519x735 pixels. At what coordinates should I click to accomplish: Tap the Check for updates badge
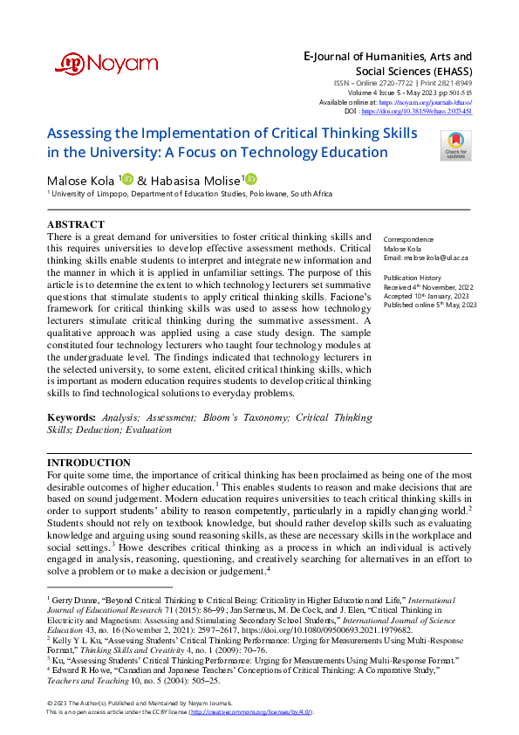point(455,144)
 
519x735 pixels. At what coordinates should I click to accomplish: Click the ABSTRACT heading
point(76,224)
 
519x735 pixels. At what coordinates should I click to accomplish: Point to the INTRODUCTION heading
point(89,462)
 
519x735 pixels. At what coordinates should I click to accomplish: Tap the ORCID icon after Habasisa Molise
point(252,179)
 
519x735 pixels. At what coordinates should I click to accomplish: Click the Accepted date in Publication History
point(420,295)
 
